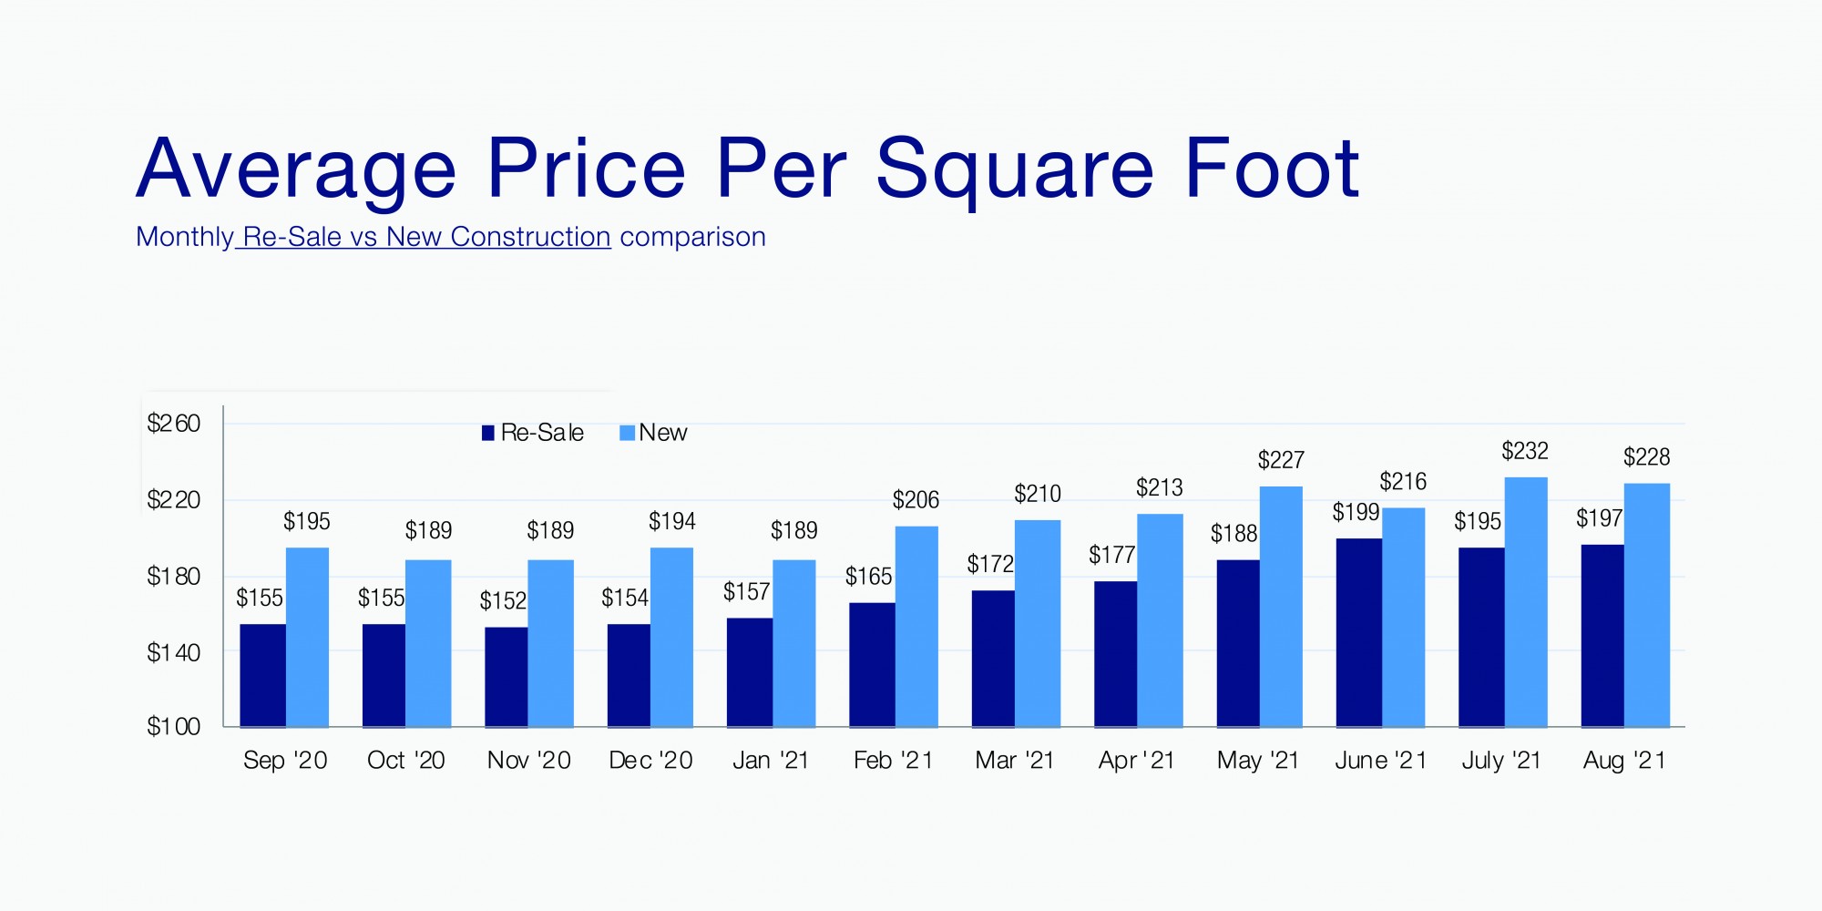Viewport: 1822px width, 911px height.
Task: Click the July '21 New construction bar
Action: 1526,601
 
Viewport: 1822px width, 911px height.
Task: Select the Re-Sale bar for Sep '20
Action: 262,675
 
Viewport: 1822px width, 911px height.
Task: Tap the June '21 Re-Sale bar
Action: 1358,632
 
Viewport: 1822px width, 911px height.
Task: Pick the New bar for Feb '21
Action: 916,626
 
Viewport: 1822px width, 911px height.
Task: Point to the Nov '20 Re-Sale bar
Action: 506,677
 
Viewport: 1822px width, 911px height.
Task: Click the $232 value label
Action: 1525,451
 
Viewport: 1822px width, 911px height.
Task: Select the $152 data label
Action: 503,601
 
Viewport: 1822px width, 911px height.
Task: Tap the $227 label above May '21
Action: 1281,460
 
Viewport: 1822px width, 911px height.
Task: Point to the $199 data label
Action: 1356,512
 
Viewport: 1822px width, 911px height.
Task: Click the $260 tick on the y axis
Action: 173,424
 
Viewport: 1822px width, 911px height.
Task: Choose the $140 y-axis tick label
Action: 173,652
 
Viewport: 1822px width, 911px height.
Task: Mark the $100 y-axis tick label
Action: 173,727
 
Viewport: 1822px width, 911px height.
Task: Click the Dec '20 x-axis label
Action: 650,761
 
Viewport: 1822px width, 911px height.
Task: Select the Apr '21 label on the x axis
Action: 1136,761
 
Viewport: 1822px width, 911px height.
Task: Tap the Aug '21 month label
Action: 1624,761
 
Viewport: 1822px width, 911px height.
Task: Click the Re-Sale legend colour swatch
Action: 488,433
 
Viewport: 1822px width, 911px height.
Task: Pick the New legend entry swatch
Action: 627,433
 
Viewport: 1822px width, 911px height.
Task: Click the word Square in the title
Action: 1015,169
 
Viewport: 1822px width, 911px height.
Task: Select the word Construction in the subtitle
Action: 530,237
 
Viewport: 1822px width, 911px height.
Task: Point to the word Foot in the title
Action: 1272,169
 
